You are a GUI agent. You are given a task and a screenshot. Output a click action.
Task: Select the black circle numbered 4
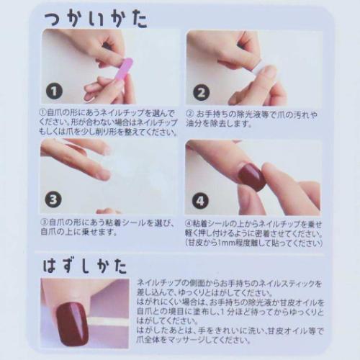[x=200, y=199]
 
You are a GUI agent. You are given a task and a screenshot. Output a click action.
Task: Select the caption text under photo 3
[x=108, y=228]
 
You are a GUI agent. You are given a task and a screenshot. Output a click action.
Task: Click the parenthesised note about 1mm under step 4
[x=251, y=243]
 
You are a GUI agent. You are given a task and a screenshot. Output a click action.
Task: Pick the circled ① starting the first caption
[x=44, y=114]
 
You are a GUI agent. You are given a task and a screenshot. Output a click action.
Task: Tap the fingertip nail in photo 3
[x=104, y=174]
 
